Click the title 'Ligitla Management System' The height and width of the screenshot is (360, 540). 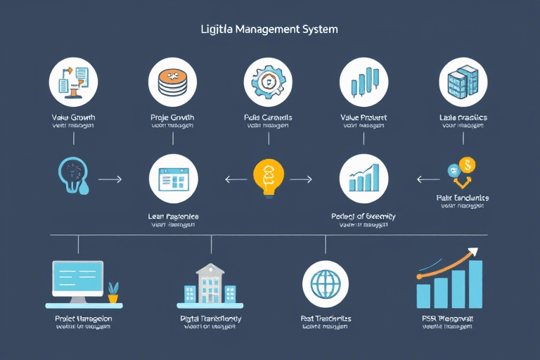click(x=269, y=30)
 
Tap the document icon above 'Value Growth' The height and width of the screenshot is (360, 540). click(x=73, y=81)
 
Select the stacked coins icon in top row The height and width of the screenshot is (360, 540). click(x=172, y=81)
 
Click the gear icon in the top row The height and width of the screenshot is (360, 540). click(x=267, y=81)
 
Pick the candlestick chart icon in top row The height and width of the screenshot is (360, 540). click(x=364, y=81)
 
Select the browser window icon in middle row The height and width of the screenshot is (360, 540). click(x=173, y=179)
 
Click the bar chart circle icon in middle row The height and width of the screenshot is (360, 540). click(x=364, y=179)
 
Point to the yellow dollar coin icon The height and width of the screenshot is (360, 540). click(x=466, y=165)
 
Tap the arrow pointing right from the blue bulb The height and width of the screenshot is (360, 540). click(x=110, y=180)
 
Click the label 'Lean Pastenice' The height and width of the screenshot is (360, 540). click(x=174, y=217)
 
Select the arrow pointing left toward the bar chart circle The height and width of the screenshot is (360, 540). click(x=427, y=180)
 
